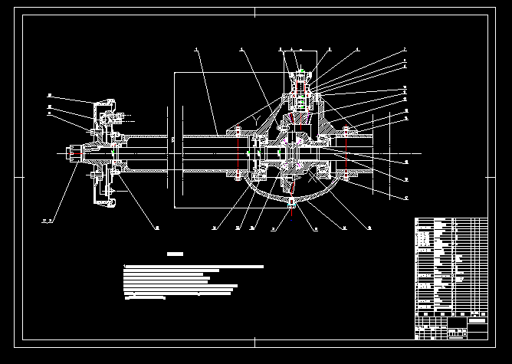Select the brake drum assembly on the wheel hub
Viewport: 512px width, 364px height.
point(103,153)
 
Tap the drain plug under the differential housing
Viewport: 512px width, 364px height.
point(294,202)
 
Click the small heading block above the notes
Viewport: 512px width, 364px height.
point(176,254)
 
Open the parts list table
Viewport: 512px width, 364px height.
point(451,264)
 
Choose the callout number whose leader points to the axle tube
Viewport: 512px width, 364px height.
point(196,50)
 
